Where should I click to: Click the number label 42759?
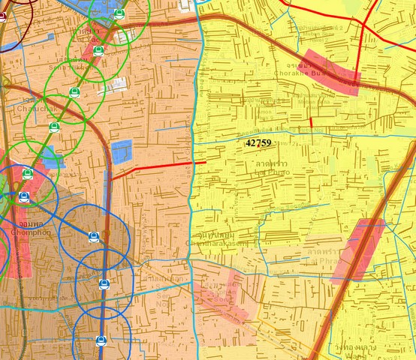click(x=258, y=142)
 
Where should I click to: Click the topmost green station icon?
click(x=119, y=13)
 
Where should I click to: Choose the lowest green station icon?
click(x=28, y=174)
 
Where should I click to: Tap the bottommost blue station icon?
click(x=101, y=341)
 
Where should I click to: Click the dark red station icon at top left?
click(x=2, y=16)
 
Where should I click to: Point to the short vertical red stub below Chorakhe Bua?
click(x=311, y=121)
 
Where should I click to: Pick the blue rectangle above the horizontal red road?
click(x=122, y=151)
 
